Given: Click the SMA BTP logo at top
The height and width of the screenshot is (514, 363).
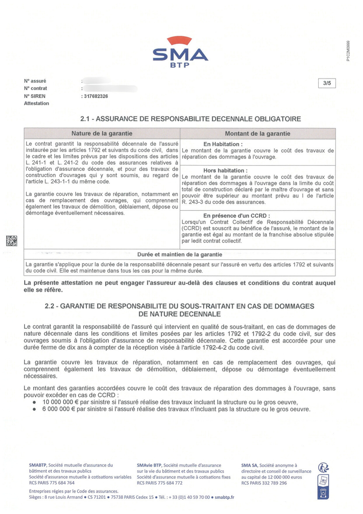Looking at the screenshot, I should (x=180, y=51).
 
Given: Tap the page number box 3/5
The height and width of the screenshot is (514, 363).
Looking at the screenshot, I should (x=327, y=83).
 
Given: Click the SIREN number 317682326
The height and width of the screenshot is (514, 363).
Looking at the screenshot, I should (x=96, y=96).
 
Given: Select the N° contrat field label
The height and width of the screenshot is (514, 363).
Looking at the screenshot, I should (x=36, y=89).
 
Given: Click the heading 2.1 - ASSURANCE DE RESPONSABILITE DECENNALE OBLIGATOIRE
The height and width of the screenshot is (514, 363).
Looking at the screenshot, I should (x=191, y=119).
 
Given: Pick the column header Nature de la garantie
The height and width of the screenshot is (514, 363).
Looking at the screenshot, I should (x=102, y=134).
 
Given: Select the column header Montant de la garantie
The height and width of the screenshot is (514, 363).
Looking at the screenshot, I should (x=257, y=134).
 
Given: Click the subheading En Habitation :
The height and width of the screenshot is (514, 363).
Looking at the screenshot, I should (x=223, y=144).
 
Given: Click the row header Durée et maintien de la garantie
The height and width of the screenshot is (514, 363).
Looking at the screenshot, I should (x=180, y=255).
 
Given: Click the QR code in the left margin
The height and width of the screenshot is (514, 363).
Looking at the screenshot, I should (x=11, y=240).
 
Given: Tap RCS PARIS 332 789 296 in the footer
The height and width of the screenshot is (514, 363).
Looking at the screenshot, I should (x=264, y=483).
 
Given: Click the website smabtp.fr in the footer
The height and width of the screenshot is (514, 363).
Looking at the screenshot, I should (x=224, y=497).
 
